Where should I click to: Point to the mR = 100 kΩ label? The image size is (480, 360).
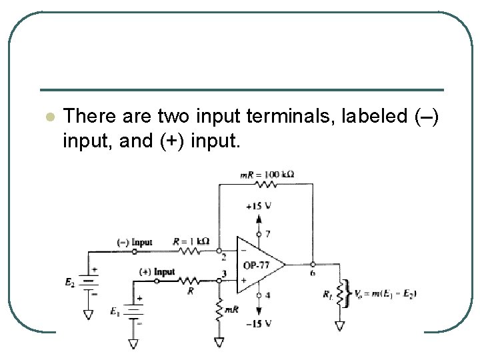(x=267, y=175)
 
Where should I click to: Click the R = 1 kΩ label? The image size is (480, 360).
(x=191, y=241)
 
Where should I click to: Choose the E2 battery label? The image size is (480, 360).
(x=70, y=283)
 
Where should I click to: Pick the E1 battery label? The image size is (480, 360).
(x=114, y=311)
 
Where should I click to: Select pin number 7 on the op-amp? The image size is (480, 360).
(x=268, y=234)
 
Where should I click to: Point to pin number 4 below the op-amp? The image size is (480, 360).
(x=268, y=295)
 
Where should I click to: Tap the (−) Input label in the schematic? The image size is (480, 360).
(x=134, y=242)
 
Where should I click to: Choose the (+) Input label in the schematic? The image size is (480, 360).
(x=157, y=272)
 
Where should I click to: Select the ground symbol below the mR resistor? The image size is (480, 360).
(x=219, y=341)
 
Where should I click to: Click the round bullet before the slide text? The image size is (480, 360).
(x=48, y=117)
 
